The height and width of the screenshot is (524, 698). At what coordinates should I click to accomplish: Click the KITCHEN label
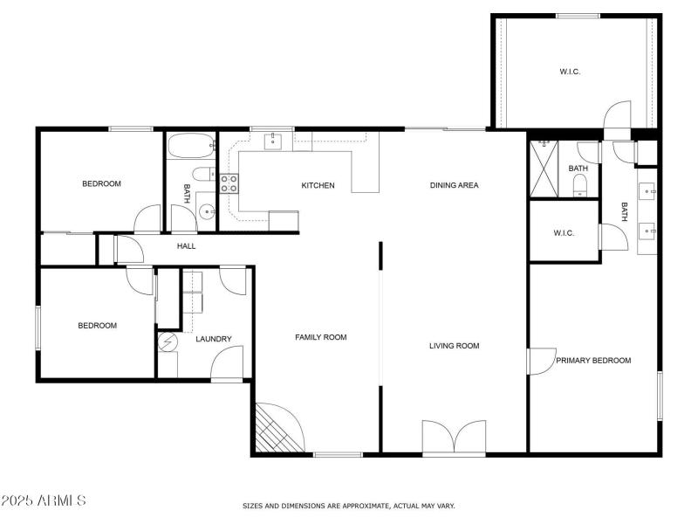[x=318, y=185]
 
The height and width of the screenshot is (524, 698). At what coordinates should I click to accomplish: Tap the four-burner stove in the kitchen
[x=229, y=183]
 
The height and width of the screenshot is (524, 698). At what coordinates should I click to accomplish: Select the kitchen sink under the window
[x=272, y=141]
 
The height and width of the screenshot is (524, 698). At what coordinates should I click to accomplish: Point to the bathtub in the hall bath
[x=189, y=145]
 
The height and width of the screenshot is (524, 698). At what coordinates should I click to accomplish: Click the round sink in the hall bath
[x=207, y=210]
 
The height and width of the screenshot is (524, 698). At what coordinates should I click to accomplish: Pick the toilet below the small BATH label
[x=579, y=185]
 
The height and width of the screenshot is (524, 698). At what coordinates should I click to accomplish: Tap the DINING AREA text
[x=454, y=185]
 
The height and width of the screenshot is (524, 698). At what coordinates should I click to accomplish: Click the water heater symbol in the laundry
[x=168, y=341]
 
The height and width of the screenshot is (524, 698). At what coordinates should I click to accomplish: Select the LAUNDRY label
[x=213, y=339]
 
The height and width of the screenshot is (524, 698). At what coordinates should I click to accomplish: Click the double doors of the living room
[x=454, y=436]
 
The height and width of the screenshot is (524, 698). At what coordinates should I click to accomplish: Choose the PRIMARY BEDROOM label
[x=593, y=360]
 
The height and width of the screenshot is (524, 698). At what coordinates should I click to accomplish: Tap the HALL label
[x=186, y=246]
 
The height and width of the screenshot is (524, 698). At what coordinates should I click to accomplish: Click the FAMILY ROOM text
[x=320, y=337]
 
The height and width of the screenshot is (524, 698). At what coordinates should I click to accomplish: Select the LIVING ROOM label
[x=454, y=346]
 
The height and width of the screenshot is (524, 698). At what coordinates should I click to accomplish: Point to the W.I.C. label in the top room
[x=570, y=72]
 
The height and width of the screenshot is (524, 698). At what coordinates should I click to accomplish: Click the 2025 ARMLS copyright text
[x=44, y=500]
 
